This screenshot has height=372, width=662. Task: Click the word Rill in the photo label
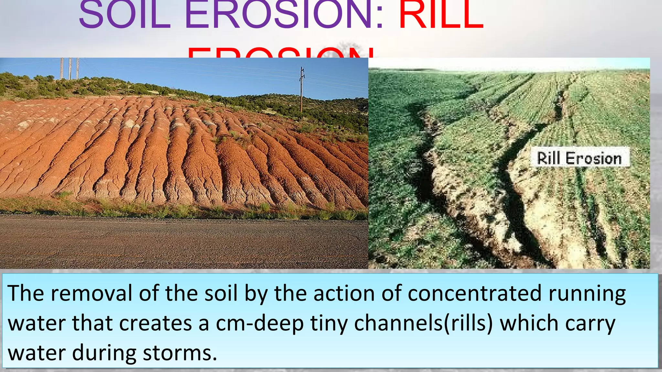point(548,158)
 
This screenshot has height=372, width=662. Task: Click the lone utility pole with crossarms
point(302,89)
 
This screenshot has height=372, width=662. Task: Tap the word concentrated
point(475,293)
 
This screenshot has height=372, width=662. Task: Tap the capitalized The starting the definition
point(26,293)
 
